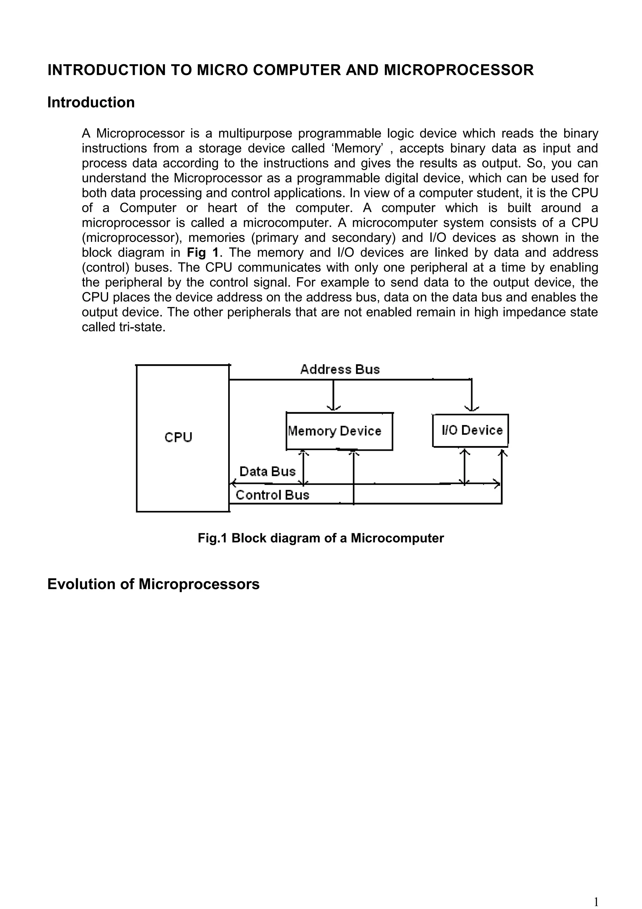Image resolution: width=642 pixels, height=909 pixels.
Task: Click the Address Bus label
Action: pyautogui.click(x=340, y=369)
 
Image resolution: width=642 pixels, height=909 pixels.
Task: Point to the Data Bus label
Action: pyautogui.click(x=267, y=471)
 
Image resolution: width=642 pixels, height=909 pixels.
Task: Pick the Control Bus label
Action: pyautogui.click(x=272, y=495)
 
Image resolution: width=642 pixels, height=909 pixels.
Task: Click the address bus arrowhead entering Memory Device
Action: pyautogui.click(x=334, y=408)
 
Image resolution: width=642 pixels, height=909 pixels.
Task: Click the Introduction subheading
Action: pyautogui.click(x=91, y=103)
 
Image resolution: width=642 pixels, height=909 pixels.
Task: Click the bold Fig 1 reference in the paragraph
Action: pyautogui.click(x=202, y=252)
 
